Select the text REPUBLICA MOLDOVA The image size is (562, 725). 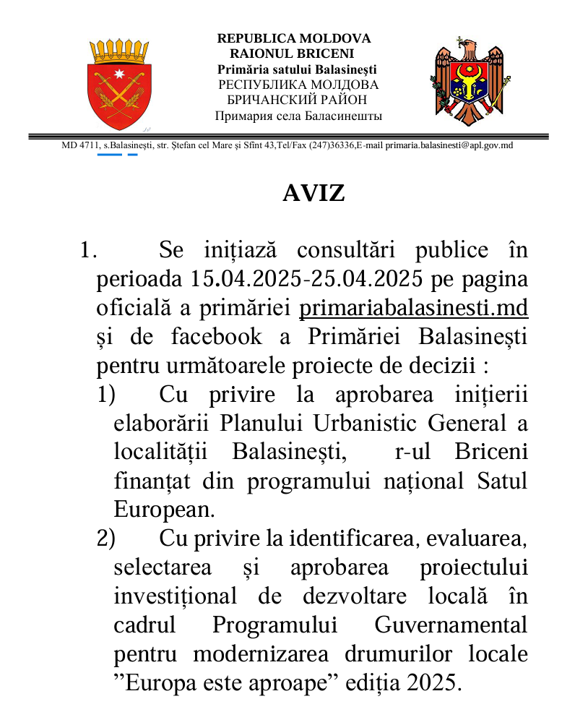[294, 38]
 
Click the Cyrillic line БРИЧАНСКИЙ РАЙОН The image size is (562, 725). [297, 100]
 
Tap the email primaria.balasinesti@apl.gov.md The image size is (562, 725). [449, 145]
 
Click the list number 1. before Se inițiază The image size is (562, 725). [88, 251]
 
